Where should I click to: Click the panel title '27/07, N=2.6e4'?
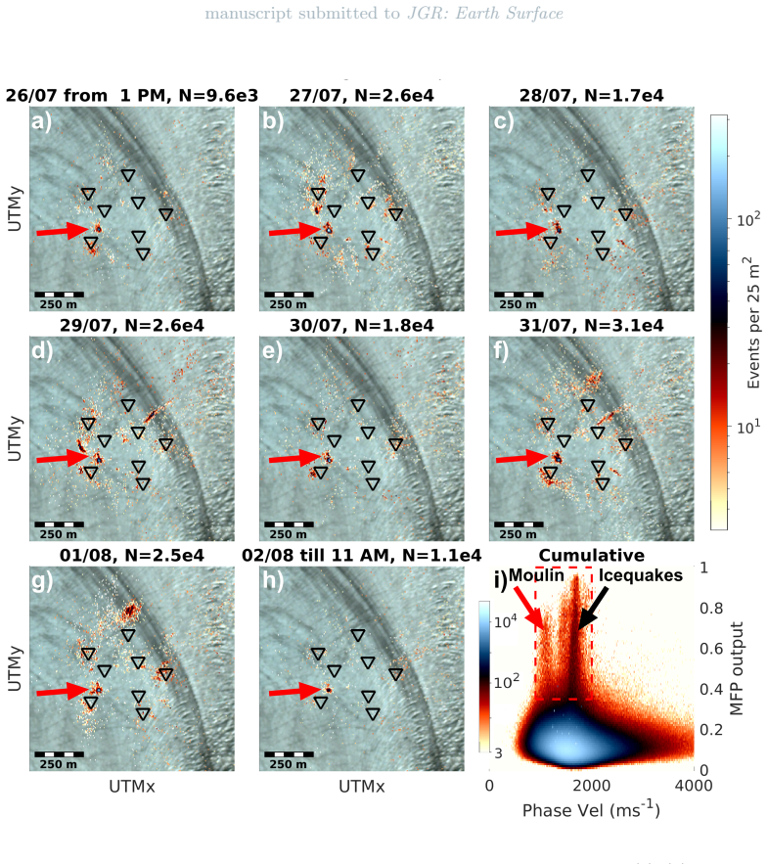coord(361,95)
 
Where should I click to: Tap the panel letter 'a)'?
coord(41,120)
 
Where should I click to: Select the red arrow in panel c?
coord(521,231)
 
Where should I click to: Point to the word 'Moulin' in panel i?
coord(536,575)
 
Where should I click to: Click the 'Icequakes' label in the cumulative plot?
coord(640,575)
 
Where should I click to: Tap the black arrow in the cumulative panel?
coord(593,608)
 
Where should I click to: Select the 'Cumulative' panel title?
coord(591,555)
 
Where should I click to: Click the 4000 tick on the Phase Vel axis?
coord(694,785)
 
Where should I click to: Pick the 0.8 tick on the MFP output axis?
coord(711,608)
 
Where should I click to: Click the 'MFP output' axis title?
coord(737,668)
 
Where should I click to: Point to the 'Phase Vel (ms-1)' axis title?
coord(591,809)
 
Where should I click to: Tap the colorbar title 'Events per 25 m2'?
coord(753,322)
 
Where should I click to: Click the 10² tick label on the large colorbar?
coord(748,219)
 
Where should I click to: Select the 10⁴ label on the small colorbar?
coord(506,621)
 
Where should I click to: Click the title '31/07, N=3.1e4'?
coord(591,325)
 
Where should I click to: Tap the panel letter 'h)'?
coord(272,581)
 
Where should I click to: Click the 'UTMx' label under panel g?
coord(132,787)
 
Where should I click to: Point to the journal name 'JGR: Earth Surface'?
coord(485,14)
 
